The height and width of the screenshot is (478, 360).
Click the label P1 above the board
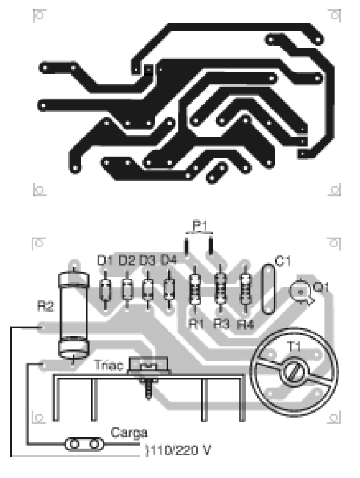[200, 226]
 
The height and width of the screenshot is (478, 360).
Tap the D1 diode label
[105, 261]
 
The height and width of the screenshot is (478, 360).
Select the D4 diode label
[169, 260]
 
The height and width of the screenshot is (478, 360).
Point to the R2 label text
[45, 306]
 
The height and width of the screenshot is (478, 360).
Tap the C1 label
[283, 261]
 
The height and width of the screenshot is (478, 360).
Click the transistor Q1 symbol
[301, 292]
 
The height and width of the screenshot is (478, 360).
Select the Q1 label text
[321, 287]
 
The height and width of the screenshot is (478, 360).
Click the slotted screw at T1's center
[295, 372]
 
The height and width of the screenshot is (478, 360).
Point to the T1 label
[294, 347]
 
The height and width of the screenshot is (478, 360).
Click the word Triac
[108, 365]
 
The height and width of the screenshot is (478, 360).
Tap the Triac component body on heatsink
[149, 366]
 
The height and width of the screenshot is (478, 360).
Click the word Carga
[129, 433]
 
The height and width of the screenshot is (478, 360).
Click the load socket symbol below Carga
[84, 444]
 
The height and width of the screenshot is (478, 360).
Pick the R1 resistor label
[196, 324]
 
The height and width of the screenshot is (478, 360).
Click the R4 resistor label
[246, 325]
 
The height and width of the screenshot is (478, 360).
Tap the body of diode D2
[127, 290]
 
